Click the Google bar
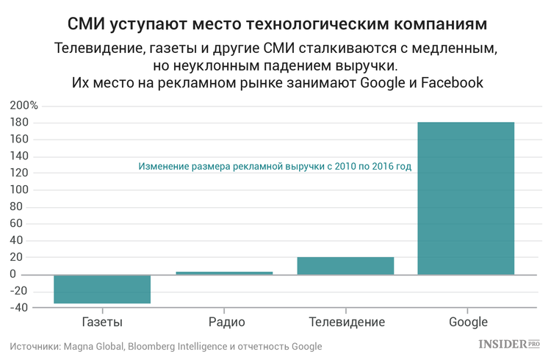466,198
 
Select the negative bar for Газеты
102,289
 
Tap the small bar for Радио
224,273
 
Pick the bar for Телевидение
345,266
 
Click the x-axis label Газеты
102,322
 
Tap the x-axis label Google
468,322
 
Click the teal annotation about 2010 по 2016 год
275,167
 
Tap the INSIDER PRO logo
509,344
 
